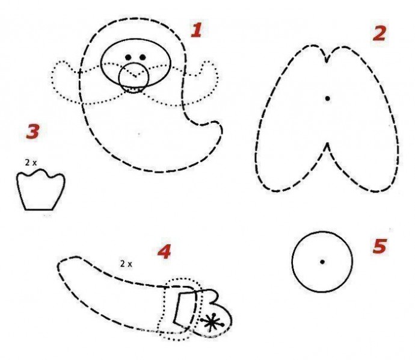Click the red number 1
197,29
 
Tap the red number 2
379,34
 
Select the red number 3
33,132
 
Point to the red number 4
164,252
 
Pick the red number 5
380,246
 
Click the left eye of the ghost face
128,57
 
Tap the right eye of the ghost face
143,57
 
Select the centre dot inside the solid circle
322,262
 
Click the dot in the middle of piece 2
327,99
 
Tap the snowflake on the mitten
212,323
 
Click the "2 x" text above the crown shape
31,163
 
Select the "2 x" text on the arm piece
126,264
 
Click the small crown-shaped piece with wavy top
41,191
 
